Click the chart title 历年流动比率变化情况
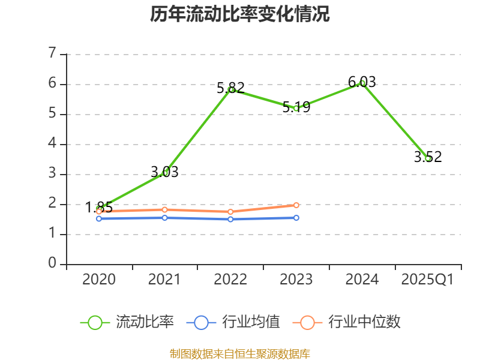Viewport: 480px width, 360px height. click(x=240, y=14)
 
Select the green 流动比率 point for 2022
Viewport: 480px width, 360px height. click(x=230, y=89)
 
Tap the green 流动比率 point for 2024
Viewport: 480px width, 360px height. click(x=362, y=83)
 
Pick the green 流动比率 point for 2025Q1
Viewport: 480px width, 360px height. click(x=428, y=158)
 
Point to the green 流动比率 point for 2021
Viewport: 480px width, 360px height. click(x=164, y=173)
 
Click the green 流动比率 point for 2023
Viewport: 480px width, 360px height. click(x=296, y=108)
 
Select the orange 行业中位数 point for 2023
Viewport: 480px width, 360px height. click(x=296, y=205)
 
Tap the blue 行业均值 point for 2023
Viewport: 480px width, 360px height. click(x=296, y=218)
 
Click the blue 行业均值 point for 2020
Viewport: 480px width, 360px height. click(x=99, y=218)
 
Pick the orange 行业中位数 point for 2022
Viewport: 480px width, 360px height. click(x=230, y=212)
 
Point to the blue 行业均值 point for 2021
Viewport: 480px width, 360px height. click(x=164, y=217)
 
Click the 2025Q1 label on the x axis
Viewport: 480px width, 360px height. click(x=428, y=280)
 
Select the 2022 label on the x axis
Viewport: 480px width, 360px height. click(x=230, y=280)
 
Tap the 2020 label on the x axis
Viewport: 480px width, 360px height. click(x=99, y=280)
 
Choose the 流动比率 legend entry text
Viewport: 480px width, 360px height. click(x=145, y=322)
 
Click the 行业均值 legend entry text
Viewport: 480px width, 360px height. click(x=251, y=322)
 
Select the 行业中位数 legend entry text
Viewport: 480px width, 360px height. click(x=365, y=322)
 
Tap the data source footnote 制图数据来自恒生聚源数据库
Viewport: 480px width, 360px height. click(x=240, y=354)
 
